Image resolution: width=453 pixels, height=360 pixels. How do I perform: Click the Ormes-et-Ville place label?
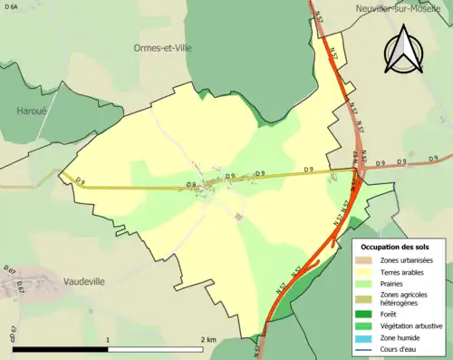(x=164, y=48)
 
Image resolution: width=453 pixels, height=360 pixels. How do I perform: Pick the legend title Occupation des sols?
(x=396, y=247)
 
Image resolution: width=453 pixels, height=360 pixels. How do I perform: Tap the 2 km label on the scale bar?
(x=208, y=340)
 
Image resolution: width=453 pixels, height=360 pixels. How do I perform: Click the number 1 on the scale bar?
(x=109, y=340)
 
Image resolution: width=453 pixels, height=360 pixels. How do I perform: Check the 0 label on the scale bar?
(x=13, y=340)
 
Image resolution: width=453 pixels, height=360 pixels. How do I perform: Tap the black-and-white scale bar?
(x=109, y=349)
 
